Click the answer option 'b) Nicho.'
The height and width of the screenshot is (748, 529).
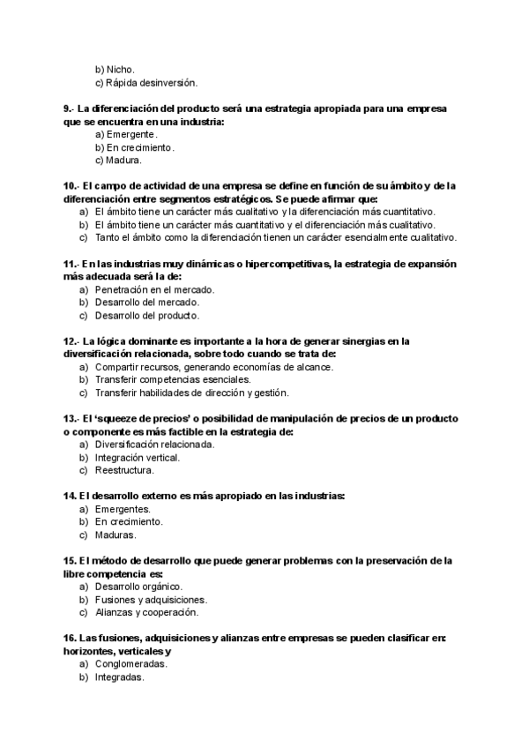(x=115, y=69)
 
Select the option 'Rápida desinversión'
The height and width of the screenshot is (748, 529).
(x=145, y=82)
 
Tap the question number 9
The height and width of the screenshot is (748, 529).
(x=69, y=108)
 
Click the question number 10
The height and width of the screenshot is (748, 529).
(x=71, y=186)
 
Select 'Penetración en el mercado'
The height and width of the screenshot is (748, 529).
(x=155, y=289)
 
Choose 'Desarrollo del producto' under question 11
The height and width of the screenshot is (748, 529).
(x=147, y=315)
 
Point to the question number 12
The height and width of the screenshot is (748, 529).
(x=71, y=341)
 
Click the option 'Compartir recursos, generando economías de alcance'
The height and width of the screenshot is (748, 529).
(x=214, y=367)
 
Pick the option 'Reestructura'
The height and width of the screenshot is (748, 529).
(x=124, y=470)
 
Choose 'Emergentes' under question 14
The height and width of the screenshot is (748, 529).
(x=123, y=509)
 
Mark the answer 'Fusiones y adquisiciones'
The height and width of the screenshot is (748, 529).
(x=151, y=600)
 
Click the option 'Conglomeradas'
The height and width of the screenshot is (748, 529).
(x=131, y=664)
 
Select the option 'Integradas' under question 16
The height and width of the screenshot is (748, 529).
(x=119, y=677)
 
